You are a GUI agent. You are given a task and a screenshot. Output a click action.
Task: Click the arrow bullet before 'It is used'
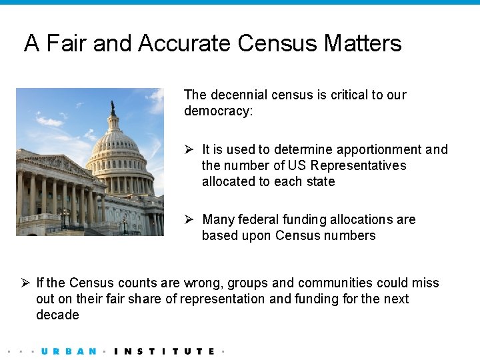tap(189, 149)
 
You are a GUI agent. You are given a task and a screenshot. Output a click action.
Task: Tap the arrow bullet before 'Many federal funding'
tap(189, 219)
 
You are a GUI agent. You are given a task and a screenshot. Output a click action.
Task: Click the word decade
tap(57, 315)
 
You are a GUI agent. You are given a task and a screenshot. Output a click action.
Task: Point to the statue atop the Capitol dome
tap(113, 107)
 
